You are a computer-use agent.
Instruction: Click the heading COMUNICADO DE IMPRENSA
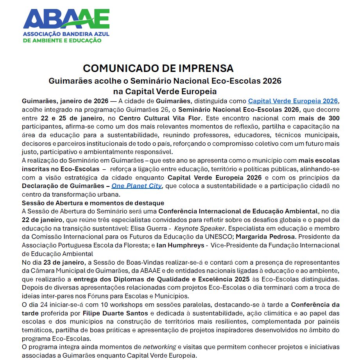click(x=158, y=68)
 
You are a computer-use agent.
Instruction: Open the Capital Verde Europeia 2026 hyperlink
click(x=293, y=101)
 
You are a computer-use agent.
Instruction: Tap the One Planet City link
click(x=136, y=186)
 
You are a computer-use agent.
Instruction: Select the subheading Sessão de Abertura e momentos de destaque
click(x=93, y=203)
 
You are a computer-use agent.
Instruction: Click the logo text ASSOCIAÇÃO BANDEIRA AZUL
click(x=66, y=34)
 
